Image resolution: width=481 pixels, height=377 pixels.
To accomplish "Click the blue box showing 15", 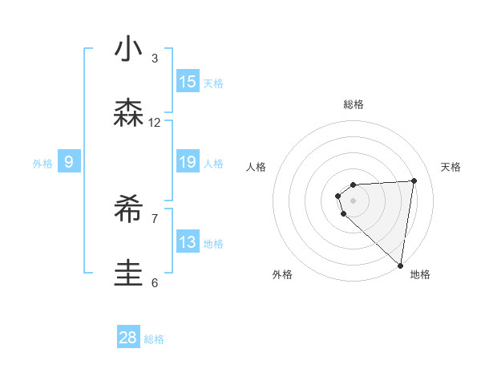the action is coord(188,82).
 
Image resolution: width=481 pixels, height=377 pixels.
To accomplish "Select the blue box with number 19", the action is coord(188,162).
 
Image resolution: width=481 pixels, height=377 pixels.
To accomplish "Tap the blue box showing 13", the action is coord(188,242).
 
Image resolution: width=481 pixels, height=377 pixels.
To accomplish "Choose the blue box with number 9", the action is coord(69,162).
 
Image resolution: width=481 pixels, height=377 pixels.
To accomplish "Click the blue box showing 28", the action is coord(128,338).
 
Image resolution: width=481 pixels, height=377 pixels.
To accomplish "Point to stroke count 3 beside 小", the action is coord(155,59).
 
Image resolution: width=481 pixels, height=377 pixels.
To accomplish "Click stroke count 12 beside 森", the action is coord(155,123).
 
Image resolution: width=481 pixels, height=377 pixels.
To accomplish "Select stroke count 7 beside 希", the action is coord(155,218).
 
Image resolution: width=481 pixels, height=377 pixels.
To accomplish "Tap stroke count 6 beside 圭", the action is coord(155,282).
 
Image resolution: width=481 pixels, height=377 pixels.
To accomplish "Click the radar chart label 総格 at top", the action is coord(354,104).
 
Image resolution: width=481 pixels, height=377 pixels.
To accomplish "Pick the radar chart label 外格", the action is coord(282,274).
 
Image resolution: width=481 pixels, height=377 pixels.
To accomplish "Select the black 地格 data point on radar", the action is coord(401,266).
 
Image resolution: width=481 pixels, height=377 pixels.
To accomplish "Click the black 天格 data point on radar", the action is coord(414,180).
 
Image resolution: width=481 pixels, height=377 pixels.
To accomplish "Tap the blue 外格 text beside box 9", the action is coord(42,164).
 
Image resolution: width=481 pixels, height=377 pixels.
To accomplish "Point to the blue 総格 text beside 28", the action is coord(154,339).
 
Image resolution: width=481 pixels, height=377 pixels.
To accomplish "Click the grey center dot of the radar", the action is coord(353,200).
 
